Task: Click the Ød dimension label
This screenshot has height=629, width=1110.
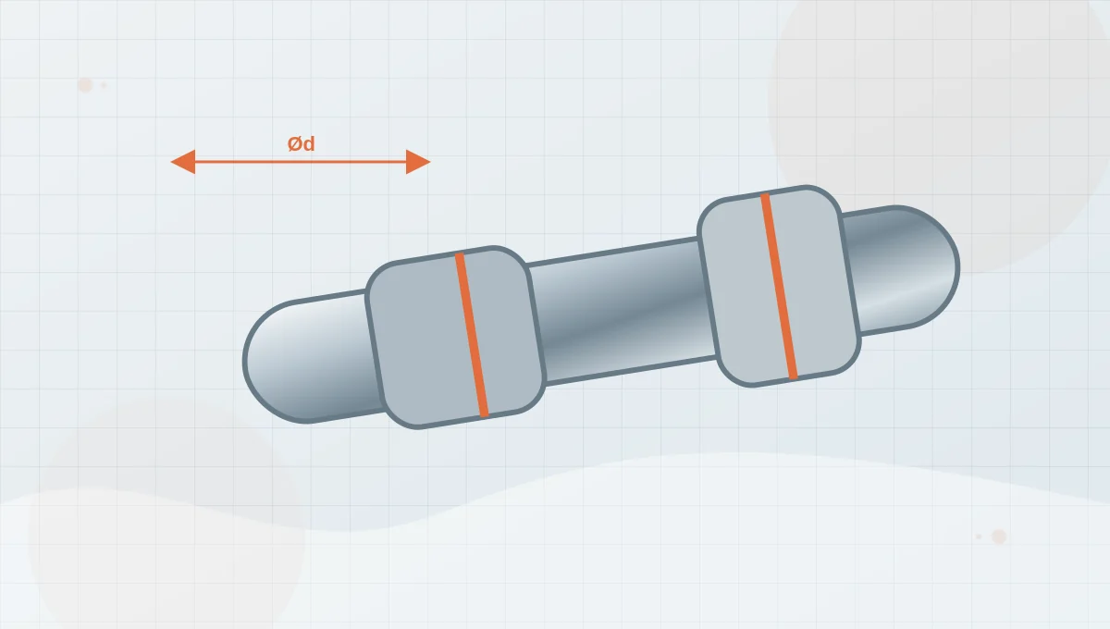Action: (302, 143)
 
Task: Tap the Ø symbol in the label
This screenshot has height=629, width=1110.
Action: (295, 143)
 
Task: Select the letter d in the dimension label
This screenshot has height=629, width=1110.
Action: (309, 143)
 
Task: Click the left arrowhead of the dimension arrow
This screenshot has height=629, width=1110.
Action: (183, 162)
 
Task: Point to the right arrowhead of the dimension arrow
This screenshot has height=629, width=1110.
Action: (418, 162)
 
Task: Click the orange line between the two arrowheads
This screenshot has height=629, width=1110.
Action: (301, 162)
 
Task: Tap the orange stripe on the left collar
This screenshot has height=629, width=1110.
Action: (472, 335)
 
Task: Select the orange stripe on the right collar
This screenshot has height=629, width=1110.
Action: (779, 287)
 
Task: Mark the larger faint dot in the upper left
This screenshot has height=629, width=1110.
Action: (85, 85)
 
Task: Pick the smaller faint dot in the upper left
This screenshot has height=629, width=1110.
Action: (104, 85)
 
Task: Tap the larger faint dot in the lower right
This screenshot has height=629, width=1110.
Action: (999, 536)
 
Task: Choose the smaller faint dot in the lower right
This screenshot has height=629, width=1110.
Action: (979, 536)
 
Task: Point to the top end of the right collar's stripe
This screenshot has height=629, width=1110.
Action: (765, 195)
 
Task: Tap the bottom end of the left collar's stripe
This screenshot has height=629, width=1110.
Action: (484, 415)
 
